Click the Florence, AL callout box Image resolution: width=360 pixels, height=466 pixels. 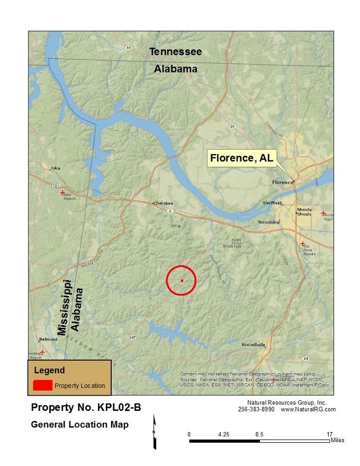[241, 158]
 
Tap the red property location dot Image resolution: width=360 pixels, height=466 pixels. [182, 281]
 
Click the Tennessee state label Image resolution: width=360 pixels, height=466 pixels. [175, 52]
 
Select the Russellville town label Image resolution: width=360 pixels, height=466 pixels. [253, 345]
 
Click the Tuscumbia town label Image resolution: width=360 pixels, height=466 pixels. [269, 222]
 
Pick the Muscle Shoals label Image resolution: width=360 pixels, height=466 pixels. [304, 212]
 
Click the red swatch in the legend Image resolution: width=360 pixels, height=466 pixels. [42, 385]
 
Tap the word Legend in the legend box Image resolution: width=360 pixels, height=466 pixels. [49, 371]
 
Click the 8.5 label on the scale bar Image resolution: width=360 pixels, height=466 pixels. [259, 434]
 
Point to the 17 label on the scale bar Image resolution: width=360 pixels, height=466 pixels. [330, 434]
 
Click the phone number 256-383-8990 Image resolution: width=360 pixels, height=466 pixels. [256, 409]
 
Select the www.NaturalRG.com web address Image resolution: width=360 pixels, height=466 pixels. [308, 409]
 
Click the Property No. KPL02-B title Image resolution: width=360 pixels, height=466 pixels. [86, 408]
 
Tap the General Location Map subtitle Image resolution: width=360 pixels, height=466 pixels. [80, 425]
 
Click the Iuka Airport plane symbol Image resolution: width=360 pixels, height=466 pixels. [63, 193]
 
